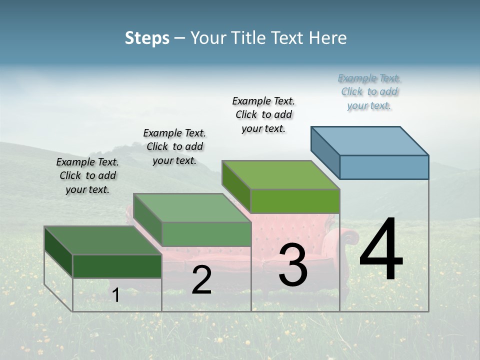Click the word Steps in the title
pos(147,38)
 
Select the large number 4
pos(381,250)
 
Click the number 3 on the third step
pos(293,265)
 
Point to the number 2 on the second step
pos(201,280)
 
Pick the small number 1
pos(115,295)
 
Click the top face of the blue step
pos(370,140)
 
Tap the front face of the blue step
pos(384,167)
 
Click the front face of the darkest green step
pos(117,266)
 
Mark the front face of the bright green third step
pos(295,201)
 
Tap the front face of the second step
pos(206,234)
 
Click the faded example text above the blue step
pos(369,92)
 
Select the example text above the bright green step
pos(263,114)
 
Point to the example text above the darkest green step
pos(87,175)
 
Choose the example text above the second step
pos(174,146)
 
